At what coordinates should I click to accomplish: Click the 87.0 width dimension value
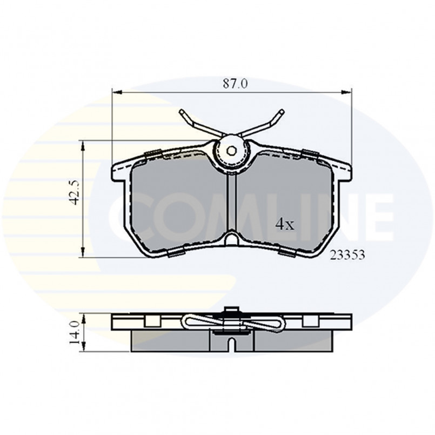point(235,84)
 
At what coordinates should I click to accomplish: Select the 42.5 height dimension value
point(75,192)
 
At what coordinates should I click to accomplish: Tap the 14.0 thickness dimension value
point(75,333)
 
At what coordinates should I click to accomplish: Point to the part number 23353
point(347,255)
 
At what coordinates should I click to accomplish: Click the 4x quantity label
point(285,224)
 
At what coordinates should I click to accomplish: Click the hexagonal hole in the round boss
point(231,151)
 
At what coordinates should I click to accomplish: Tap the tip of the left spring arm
point(182,111)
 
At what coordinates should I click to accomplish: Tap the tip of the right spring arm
point(282,111)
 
